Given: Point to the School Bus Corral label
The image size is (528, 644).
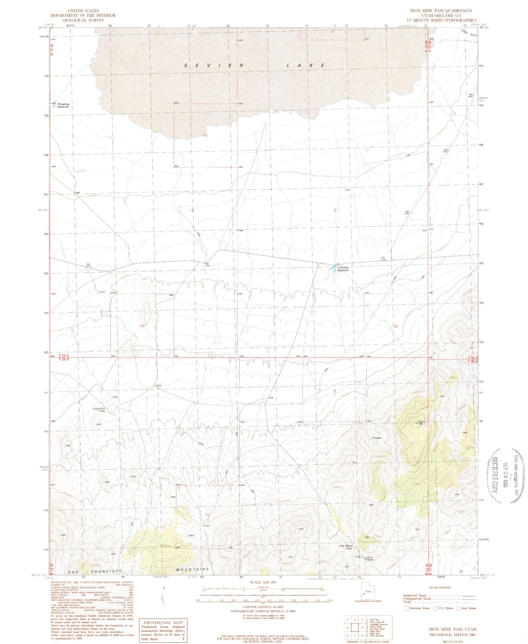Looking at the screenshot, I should pos(99,410).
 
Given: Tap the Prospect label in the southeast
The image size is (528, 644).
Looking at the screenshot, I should pos(377,438).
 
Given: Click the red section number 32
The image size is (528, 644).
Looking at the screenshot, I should pos(142,326).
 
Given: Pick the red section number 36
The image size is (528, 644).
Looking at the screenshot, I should pos(396,326).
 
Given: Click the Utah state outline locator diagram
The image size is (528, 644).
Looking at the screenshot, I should pos(367,593).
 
